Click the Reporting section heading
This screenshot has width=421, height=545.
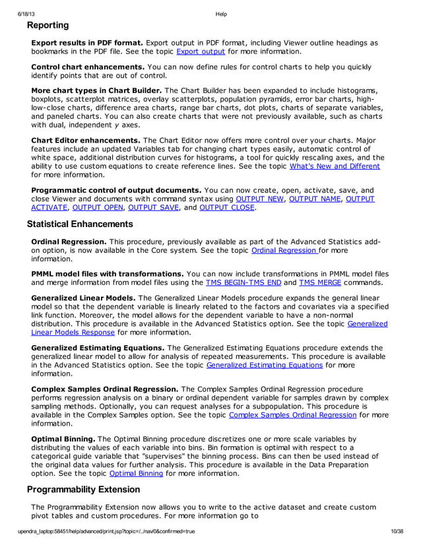[x=48, y=25]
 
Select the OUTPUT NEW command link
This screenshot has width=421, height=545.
[x=259, y=199]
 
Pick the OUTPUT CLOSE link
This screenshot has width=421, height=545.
[x=227, y=208]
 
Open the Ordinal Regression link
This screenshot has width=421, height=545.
[x=284, y=251]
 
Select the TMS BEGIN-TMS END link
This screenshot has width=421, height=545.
[x=242, y=283]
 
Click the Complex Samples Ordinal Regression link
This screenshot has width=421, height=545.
[x=292, y=415]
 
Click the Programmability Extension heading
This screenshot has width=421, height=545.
[x=83, y=490]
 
